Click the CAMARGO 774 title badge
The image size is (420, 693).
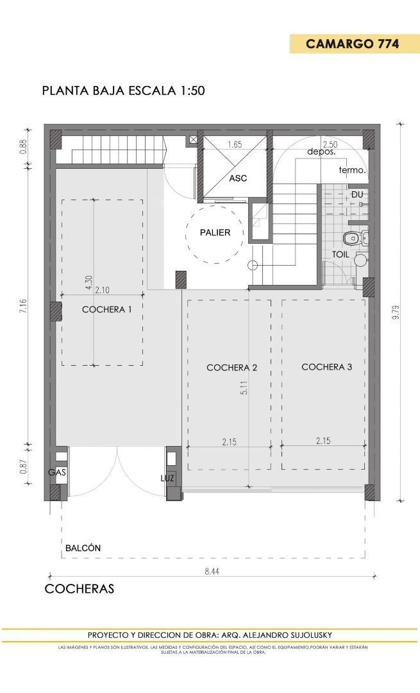(352, 44)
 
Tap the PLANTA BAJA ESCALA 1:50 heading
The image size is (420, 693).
(123, 90)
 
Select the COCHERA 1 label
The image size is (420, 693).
(107, 309)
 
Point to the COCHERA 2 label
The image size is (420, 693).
(231, 368)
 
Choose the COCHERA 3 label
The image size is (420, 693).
(326, 367)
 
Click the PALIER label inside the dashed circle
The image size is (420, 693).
(214, 233)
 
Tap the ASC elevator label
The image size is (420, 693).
(238, 178)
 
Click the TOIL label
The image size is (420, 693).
(340, 254)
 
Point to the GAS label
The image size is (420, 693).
(56, 472)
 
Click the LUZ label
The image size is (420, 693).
(167, 478)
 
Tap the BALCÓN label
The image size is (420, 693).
(83, 548)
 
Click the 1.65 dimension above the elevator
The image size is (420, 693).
(235, 145)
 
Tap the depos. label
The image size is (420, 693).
(321, 152)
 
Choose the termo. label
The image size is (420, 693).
(352, 171)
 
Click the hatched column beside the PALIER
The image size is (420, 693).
(181, 279)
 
